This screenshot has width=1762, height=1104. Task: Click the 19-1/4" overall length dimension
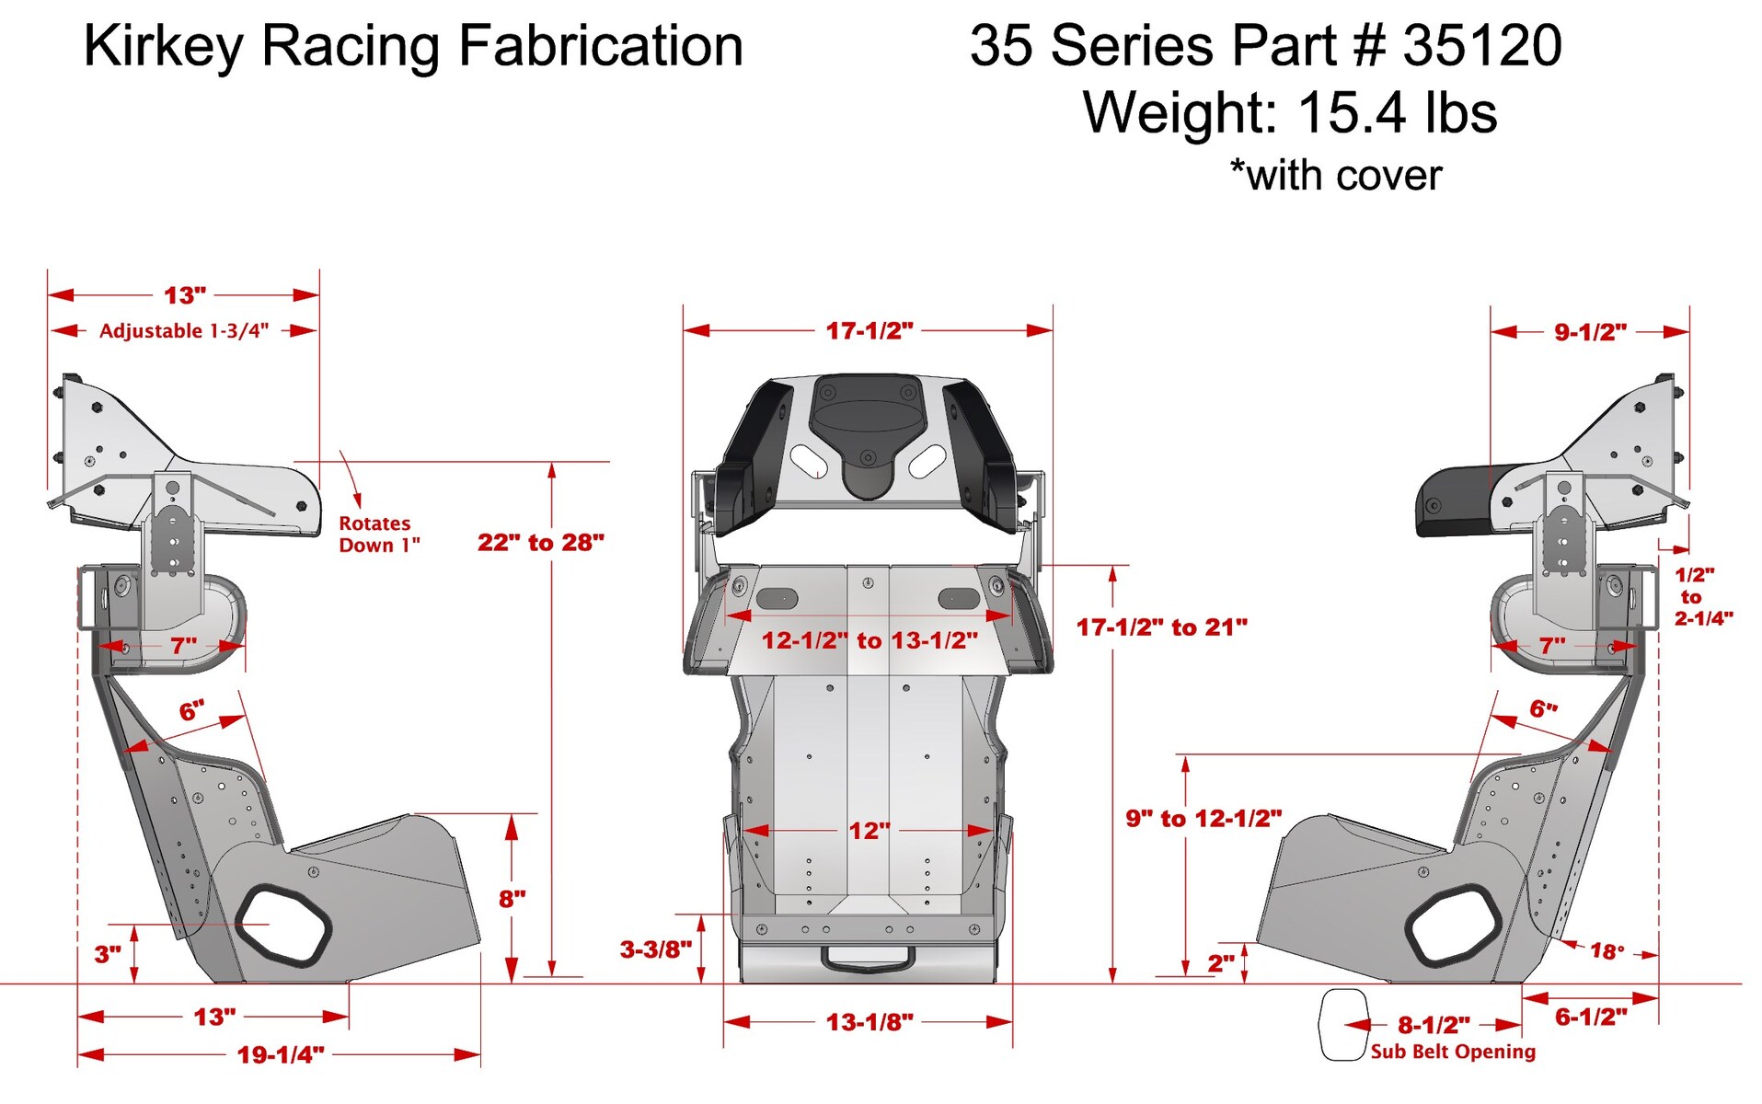[x=281, y=1054]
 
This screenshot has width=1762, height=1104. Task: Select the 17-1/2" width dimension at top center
[x=869, y=330]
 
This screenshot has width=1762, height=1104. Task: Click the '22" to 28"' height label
[x=540, y=542]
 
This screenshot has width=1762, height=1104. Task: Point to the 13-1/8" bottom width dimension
[x=869, y=1022]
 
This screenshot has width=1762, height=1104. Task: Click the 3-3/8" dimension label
[x=655, y=949]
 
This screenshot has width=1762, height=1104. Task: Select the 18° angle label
[x=1607, y=951]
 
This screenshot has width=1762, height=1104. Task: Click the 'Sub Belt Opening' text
[x=1452, y=1052]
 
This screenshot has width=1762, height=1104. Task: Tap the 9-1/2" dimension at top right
[x=1590, y=332]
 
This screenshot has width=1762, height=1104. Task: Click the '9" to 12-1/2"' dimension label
[x=1203, y=818]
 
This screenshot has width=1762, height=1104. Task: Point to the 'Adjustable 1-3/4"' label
[x=184, y=331]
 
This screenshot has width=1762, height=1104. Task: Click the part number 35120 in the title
[x=1481, y=46]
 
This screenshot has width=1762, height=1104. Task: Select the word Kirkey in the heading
[x=163, y=46]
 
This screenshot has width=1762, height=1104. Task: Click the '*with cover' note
[x=1335, y=175]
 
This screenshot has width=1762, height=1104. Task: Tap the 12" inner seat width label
[x=869, y=831]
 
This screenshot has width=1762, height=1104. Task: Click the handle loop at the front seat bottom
[x=868, y=959]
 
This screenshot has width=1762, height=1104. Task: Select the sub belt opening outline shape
[x=1342, y=1025]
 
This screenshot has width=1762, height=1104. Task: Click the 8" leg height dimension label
[x=512, y=899]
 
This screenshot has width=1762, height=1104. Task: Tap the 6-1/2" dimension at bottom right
[x=1590, y=1017]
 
